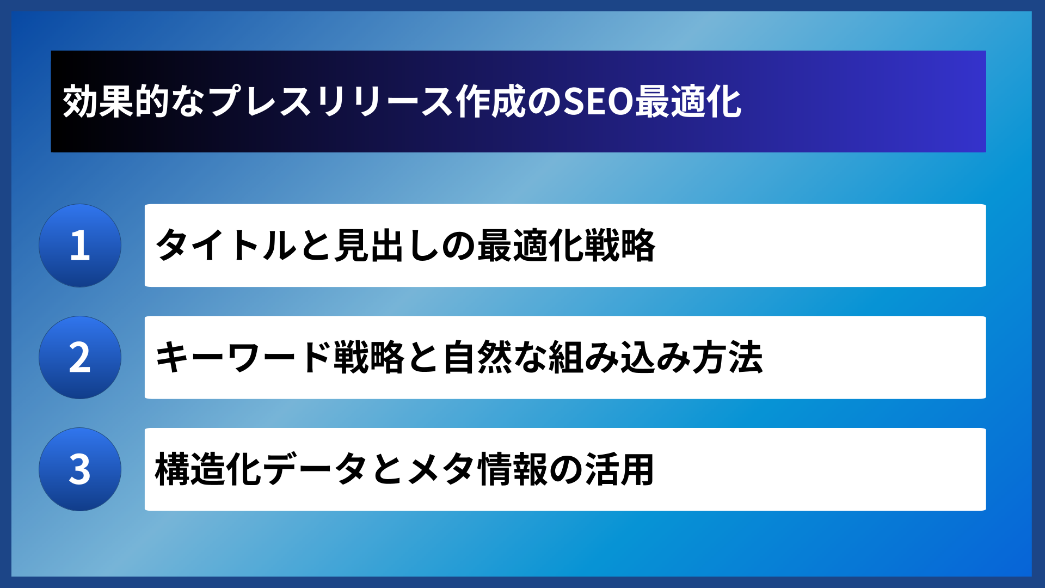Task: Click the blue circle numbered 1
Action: [x=80, y=246]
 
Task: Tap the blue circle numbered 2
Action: [x=80, y=358]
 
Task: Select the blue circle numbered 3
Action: [x=80, y=469]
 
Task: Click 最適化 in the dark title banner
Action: [x=688, y=102]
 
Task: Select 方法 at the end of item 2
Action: [x=727, y=358]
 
